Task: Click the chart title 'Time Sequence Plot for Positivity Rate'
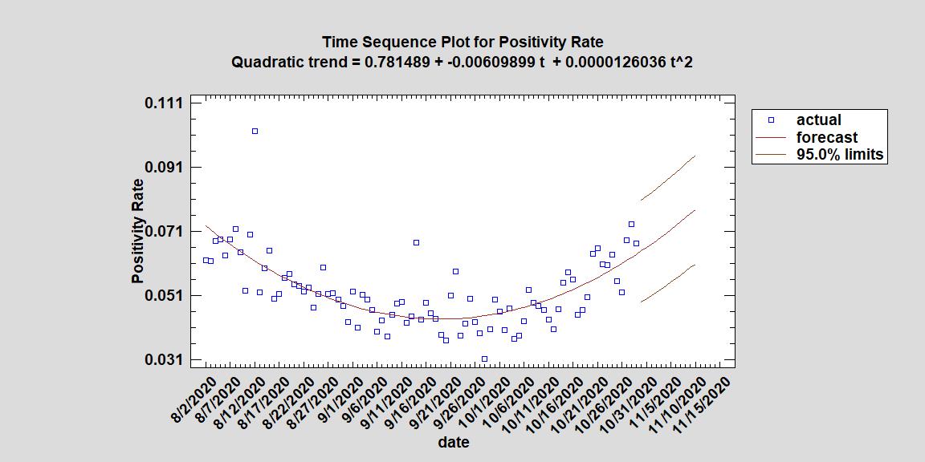click(462, 42)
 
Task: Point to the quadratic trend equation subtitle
click(462, 62)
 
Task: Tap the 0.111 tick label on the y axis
click(163, 103)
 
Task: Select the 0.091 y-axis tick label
click(163, 168)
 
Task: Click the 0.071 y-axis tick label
click(163, 232)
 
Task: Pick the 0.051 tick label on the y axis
click(163, 296)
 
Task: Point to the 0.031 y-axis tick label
click(163, 360)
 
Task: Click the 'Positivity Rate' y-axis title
click(138, 232)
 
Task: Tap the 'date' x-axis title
click(454, 442)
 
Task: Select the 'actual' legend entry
click(818, 120)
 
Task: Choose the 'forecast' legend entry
click(826, 137)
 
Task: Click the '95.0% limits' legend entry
click(839, 154)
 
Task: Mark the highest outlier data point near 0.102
click(255, 131)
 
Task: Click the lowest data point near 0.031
click(484, 359)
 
